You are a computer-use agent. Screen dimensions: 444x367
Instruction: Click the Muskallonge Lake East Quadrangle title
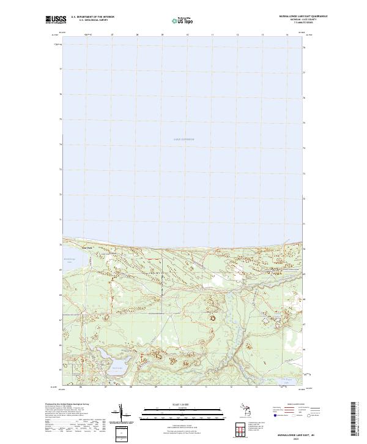click(x=298, y=16)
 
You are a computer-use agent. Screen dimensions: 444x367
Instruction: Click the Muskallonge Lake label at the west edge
click(x=69, y=260)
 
